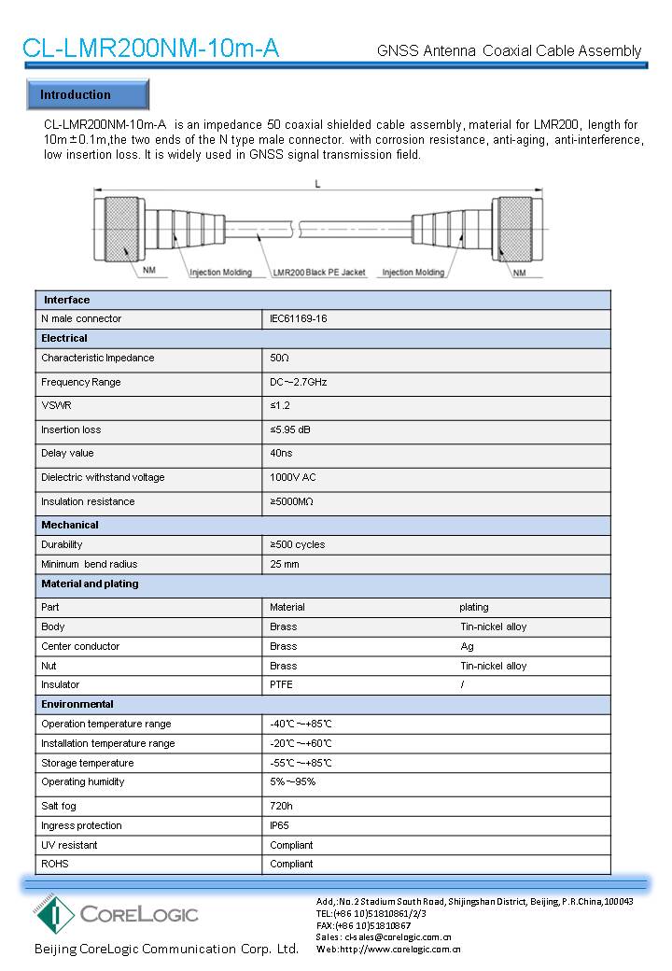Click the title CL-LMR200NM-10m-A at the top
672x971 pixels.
tap(150, 49)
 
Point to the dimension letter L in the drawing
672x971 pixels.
tap(317, 185)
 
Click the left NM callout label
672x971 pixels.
tap(149, 273)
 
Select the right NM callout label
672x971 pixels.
tap(519, 273)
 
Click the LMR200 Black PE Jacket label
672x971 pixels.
tap(318, 273)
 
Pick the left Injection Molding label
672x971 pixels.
tap(220, 273)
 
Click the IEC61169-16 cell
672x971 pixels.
tap(298, 319)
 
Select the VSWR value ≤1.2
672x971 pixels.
tap(280, 406)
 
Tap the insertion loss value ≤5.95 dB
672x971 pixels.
tap(290, 429)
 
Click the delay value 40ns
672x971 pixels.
tap(280, 454)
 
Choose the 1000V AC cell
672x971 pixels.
tap(292, 477)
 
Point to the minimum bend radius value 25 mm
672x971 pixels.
tap(284, 564)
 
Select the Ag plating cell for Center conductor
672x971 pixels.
tap(467, 646)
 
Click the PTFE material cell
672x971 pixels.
tap(281, 684)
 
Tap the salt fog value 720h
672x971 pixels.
tap(281, 805)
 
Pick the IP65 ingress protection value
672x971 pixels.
tap(280, 825)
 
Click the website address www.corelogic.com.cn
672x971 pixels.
tap(400, 949)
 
